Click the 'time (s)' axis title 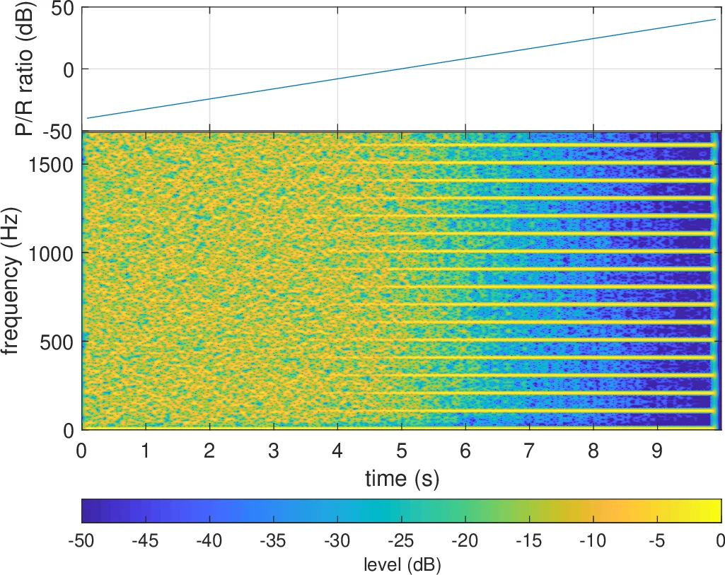point(402,479)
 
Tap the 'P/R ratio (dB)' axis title point(16,69)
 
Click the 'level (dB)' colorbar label point(402,564)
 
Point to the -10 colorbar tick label point(593,541)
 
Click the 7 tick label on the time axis point(530,450)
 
